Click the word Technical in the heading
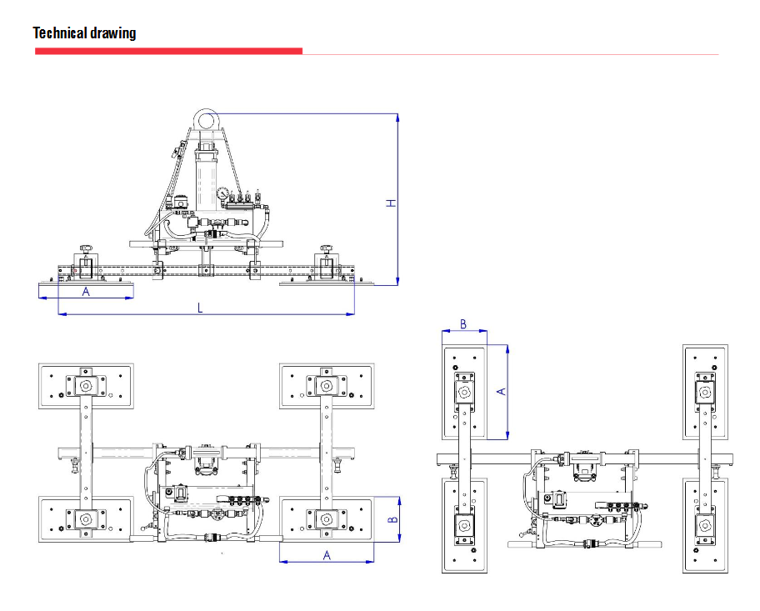pyautogui.click(x=60, y=33)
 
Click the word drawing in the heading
pyautogui.click(x=112, y=33)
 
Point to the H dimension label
pyautogui.click(x=389, y=203)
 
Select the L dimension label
pyautogui.click(x=200, y=308)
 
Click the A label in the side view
pyautogui.click(x=85, y=292)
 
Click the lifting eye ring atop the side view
pyautogui.click(x=205, y=121)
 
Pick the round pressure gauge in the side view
pyautogui.click(x=222, y=194)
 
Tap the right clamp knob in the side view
pyautogui.click(x=326, y=249)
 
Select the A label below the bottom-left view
pyautogui.click(x=327, y=554)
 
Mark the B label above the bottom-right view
pyautogui.click(x=463, y=323)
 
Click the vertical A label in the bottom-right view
pyautogui.click(x=501, y=391)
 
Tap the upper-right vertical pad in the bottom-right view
pyautogui.click(x=706, y=392)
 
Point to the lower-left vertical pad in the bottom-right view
pyautogui.click(x=463, y=525)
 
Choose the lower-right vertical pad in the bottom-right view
pyautogui.click(x=706, y=525)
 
